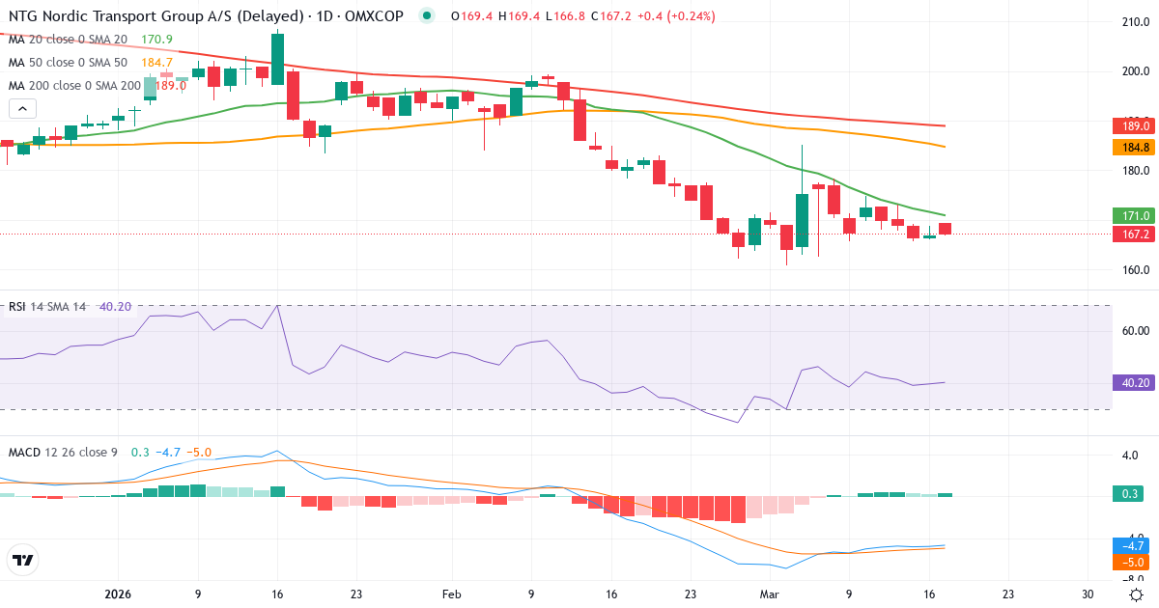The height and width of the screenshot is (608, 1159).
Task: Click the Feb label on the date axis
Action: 451,594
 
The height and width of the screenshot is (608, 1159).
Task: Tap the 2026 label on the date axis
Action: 117,594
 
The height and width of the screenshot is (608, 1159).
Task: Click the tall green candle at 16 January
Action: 278,59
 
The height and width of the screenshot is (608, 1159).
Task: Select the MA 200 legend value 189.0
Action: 170,85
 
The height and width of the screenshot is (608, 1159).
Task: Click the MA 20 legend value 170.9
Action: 156,39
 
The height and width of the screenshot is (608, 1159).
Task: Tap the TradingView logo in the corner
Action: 22,560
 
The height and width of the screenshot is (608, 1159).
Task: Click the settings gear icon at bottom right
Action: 1136,594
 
